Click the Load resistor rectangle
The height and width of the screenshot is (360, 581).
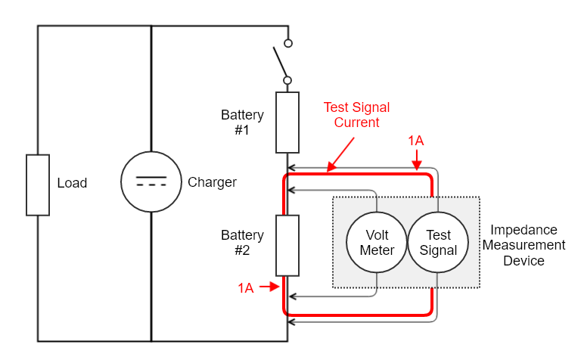pyautogui.click(x=38, y=185)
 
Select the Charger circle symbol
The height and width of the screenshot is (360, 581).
pyautogui.click(x=151, y=182)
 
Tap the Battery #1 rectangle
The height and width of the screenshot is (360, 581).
pyautogui.click(x=287, y=123)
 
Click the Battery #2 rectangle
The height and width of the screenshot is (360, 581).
pyautogui.click(x=287, y=245)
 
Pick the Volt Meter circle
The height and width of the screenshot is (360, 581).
pyautogui.click(x=377, y=242)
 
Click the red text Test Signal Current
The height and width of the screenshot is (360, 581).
pyautogui.click(x=356, y=115)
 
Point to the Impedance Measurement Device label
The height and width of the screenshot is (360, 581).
pyautogui.click(x=524, y=245)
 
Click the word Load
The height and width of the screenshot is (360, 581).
pyautogui.click(x=72, y=183)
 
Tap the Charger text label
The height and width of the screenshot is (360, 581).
pyautogui.click(x=212, y=182)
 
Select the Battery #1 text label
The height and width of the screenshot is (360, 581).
pyautogui.click(x=242, y=123)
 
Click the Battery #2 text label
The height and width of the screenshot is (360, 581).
pyautogui.click(x=242, y=243)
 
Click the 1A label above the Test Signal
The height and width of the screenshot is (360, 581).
pyautogui.click(x=416, y=141)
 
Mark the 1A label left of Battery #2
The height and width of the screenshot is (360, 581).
pyautogui.click(x=246, y=287)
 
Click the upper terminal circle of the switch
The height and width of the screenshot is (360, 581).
pyautogui.click(x=287, y=43)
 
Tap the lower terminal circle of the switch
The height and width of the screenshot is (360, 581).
pyautogui.click(x=287, y=79)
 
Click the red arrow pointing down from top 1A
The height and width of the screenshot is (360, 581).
pyautogui.click(x=416, y=160)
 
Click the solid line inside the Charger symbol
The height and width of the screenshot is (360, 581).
pyautogui.click(x=151, y=177)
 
